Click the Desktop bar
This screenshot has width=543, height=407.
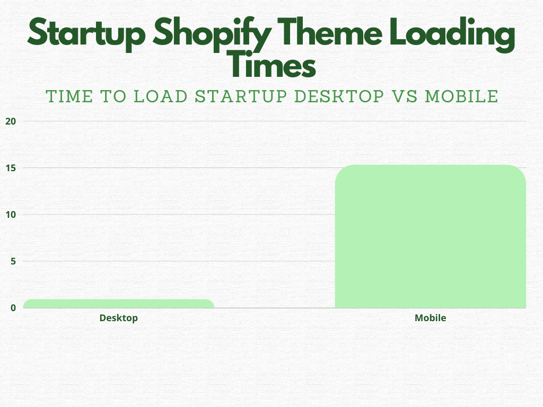coord(119,304)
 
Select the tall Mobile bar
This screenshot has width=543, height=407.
coord(430,236)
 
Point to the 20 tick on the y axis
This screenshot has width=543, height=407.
coord(11,121)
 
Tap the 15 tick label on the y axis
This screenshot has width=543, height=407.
coord(11,168)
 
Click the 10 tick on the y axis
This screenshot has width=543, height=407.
coord(11,215)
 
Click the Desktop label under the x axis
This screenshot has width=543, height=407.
coord(119,318)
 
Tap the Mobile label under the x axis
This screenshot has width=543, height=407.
coord(430,318)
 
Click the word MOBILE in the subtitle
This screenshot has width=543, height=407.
coord(462,96)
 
